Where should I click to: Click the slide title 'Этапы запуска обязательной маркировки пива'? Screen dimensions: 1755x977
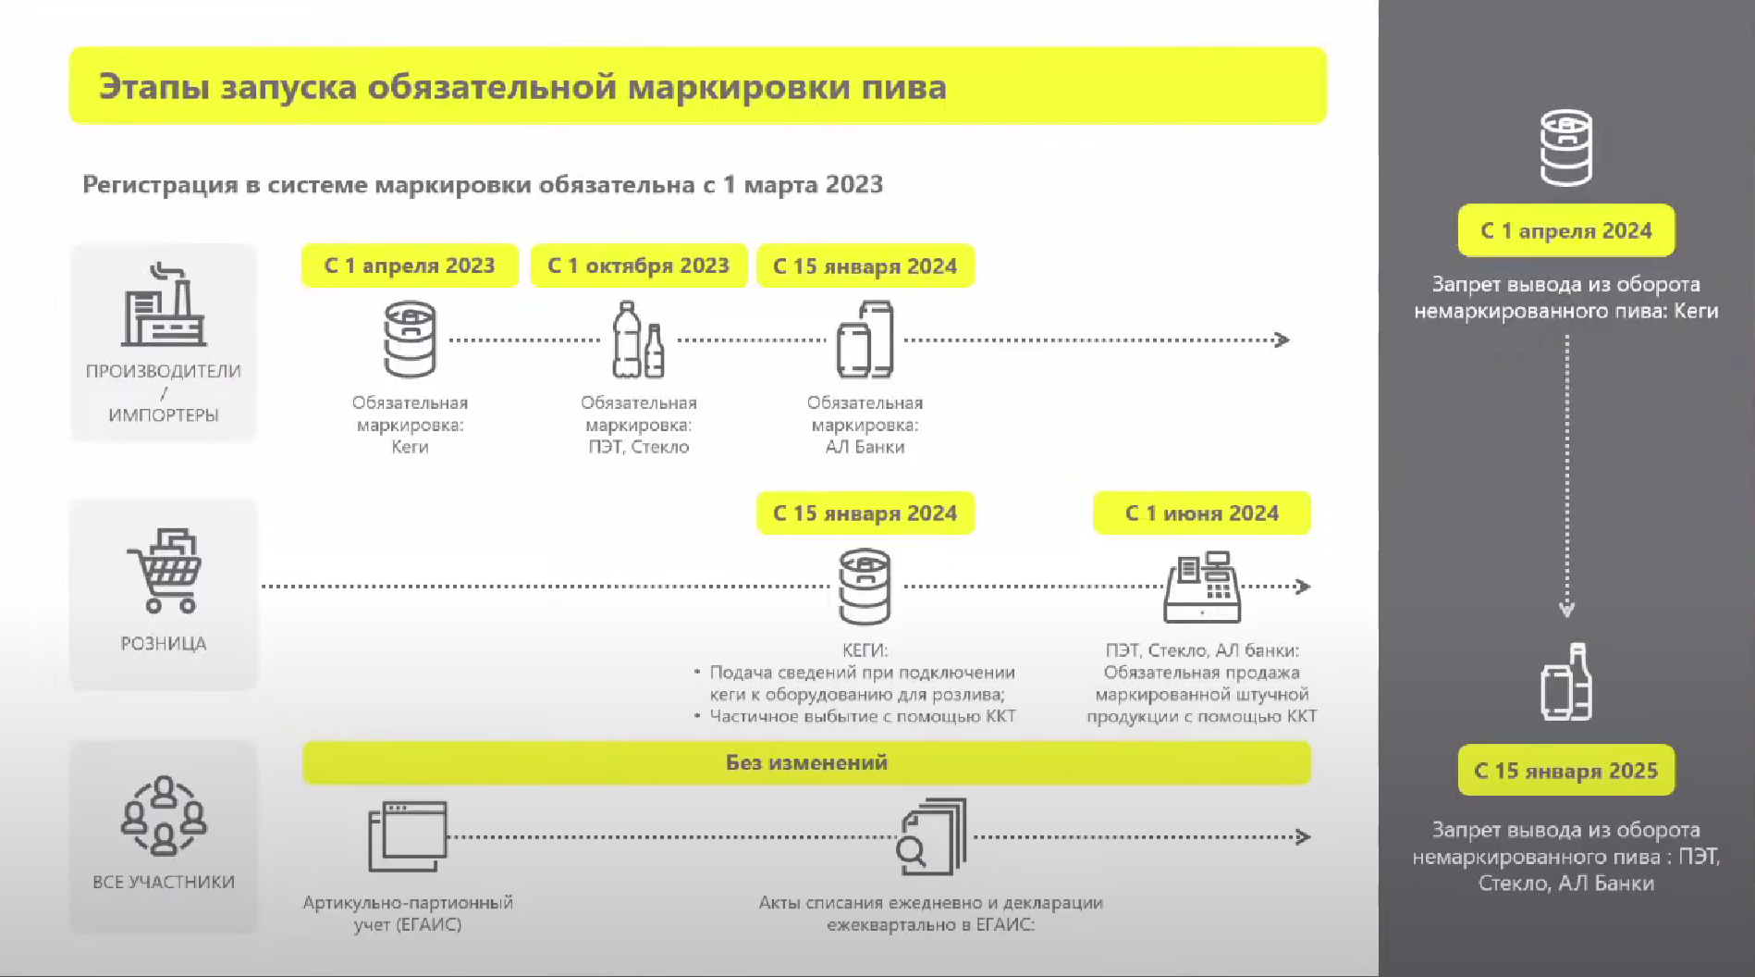(522, 87)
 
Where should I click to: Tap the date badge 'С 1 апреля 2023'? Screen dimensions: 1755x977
(410, 266)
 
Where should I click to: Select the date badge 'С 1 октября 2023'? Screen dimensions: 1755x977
(638, 266)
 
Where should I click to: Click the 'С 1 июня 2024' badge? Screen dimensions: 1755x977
(1201, 513)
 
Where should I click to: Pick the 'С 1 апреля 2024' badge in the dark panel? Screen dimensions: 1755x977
(1565, 230)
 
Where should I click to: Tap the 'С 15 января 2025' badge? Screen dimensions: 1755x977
(1565, 771)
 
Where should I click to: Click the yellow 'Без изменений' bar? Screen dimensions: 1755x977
(806, 762)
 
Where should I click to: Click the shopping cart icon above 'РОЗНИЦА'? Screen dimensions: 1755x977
(164, 571)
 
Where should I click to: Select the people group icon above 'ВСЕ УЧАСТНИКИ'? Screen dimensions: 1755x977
(164, 815)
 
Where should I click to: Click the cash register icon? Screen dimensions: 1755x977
(1202, 587)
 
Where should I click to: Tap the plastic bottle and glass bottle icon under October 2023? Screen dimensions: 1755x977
(638, 340)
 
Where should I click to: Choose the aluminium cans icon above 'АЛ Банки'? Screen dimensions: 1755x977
(865, 340)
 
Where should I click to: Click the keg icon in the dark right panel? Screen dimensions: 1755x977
(1565, 148)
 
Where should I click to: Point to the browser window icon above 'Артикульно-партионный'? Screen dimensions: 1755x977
(408, 836)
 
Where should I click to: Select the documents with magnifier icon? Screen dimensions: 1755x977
(932, 836)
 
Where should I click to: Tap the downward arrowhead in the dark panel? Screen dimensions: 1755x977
(1566, 610)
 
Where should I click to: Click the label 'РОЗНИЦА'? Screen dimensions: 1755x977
(164, 643)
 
